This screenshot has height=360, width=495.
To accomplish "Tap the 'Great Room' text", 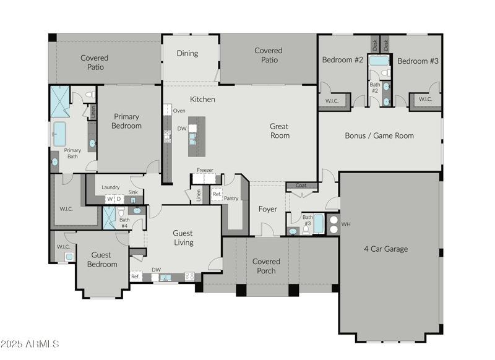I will pos(279,131).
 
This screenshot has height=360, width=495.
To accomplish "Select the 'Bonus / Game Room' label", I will pos(379,135).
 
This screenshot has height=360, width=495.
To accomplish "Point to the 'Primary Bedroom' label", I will pos(126,121).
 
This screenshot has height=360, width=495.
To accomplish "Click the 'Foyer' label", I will pos(267,209).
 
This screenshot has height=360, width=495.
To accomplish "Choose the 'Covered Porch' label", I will pos(266,266).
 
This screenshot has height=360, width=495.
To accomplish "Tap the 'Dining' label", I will pos(187,53).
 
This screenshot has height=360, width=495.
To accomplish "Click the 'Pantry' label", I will pos(231,199).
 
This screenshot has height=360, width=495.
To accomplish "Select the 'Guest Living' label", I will pos(183,238).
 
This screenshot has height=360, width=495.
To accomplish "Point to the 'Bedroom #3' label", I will pos(417,61).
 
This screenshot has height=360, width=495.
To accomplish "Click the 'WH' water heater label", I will pos(346,224).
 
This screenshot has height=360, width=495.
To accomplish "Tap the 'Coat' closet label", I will pos(301,185).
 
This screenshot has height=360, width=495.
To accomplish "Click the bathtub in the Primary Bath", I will pos(59,134).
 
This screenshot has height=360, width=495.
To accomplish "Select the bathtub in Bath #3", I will pos(318,223).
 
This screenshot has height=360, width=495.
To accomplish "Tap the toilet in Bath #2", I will pos(385,73).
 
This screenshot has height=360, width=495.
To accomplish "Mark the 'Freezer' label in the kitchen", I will pos(205,170).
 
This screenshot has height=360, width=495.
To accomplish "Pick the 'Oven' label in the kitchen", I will pos(179,111).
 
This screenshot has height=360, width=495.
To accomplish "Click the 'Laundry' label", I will pos(111,187).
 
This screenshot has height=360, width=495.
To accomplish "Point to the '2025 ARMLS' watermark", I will pos(30,343).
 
